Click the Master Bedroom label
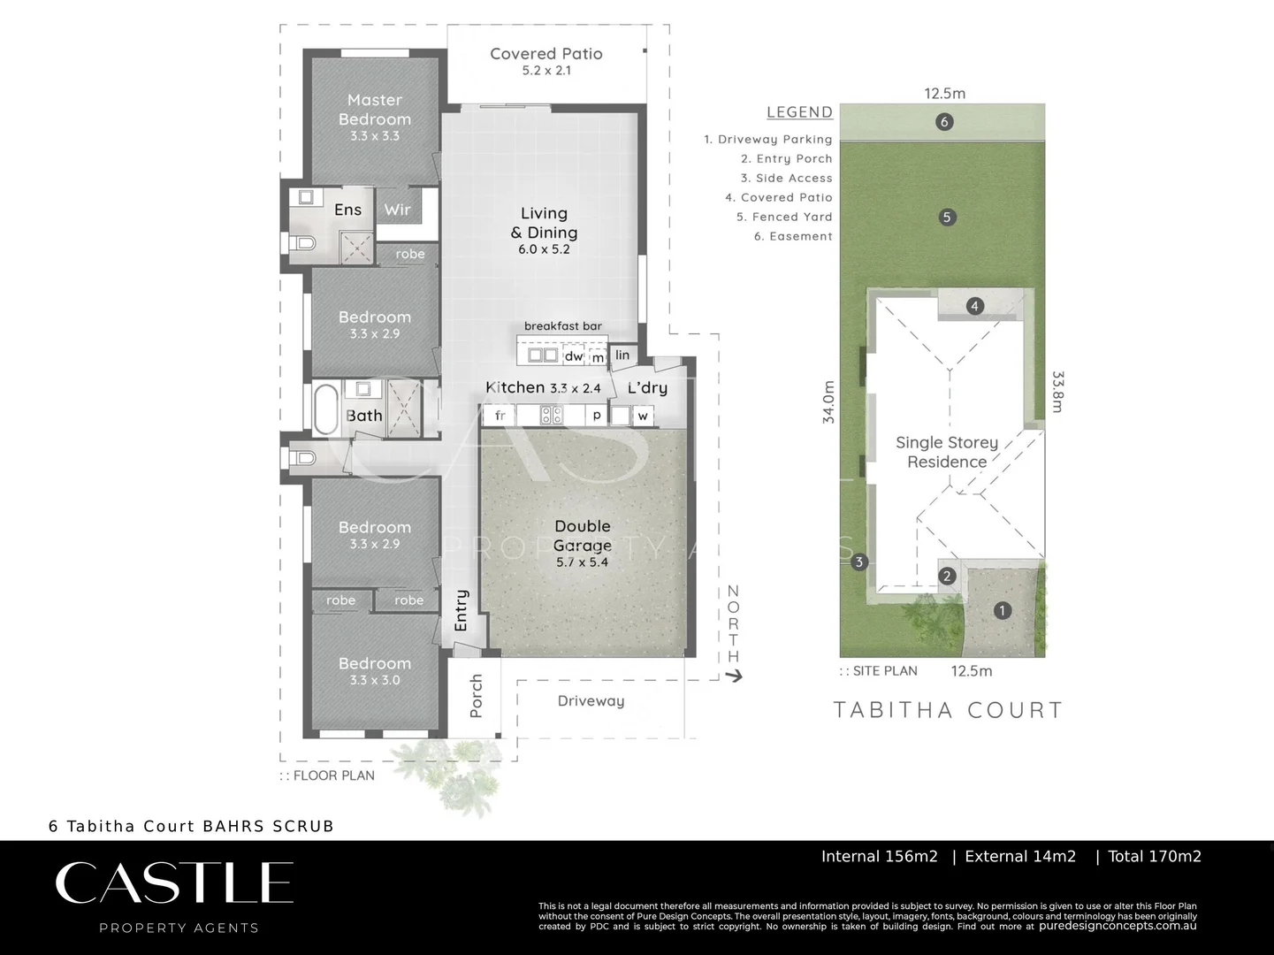point(374,110)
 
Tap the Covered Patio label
point(546,54)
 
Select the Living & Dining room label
point(544,223)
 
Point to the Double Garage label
point(582,535)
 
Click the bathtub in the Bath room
point(324,408)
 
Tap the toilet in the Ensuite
point(303,242)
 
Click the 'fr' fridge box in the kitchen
point(500,415)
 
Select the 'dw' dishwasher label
point(574,356)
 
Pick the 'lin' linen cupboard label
point(622,355)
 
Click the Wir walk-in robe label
point(397,210)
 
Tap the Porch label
point(476,695)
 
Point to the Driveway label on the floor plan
point(591,701)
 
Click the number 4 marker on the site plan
point(974,306)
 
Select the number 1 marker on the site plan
point(1002,610)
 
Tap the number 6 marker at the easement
point(944,122)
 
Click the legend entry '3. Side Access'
point(786,178)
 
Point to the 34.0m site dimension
point(828,402)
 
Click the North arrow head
point(734,676)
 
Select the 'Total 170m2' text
point(1154,856)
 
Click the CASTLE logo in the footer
point(174,882)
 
